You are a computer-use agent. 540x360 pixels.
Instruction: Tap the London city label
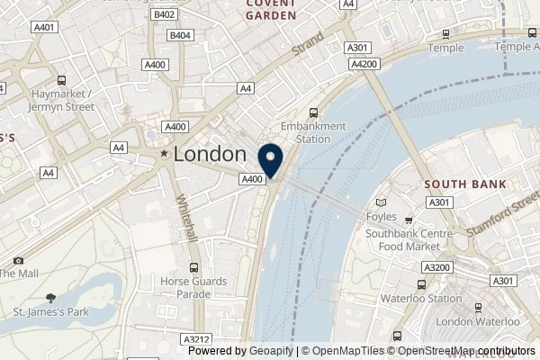[210, 154]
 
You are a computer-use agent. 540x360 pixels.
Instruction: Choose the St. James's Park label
[49, 312]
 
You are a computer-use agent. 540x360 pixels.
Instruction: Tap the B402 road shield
[164, 15]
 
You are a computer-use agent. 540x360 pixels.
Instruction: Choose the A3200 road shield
[436, 267]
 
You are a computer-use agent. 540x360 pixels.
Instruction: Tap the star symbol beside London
[164, 155]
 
